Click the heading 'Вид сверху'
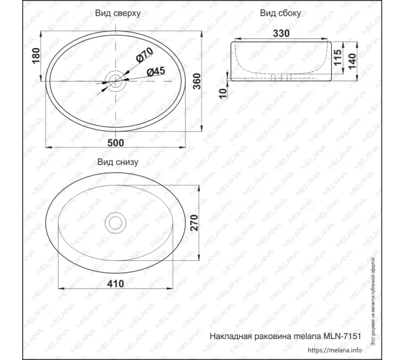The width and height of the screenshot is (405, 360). tap(118, 13)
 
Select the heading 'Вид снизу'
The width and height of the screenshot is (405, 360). tap(118, 161)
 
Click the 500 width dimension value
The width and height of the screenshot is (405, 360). tap(115, 142)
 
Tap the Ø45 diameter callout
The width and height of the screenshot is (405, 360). tap(155, 71)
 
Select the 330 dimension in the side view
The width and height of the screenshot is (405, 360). tap(282, 34)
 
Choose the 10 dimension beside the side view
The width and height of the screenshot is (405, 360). tap(223, 93)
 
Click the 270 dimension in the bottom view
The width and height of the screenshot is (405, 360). tap(194, 224)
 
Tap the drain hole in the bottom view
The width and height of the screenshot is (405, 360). tap(114, 223)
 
